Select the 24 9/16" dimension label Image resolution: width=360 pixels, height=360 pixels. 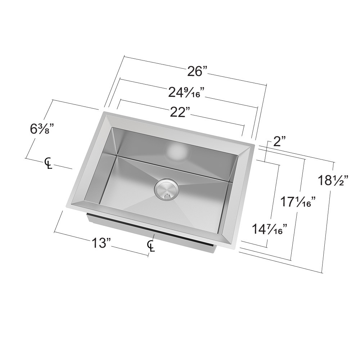tap(186, 93)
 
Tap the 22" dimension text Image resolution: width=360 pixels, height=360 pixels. tap(180, 113)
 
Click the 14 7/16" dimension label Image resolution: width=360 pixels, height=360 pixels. tap(270, 229)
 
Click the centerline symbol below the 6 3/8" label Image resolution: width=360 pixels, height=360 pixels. tap(48, 163)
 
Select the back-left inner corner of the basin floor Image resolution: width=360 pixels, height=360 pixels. tap(117, 156)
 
